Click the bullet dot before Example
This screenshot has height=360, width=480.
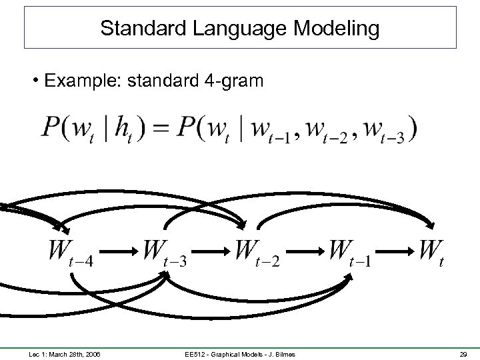(x=33, y=81)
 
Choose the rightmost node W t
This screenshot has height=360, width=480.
(x=431, y=253)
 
